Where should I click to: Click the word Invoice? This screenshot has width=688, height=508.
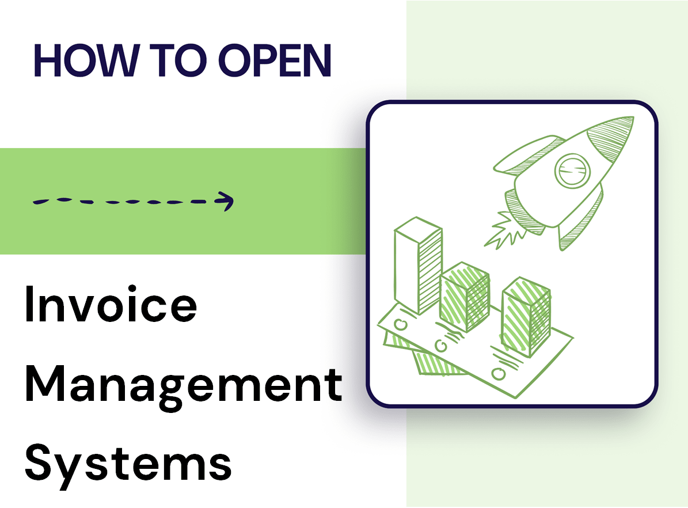click(111, 306)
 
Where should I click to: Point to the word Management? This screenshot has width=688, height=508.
click(184, 385)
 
